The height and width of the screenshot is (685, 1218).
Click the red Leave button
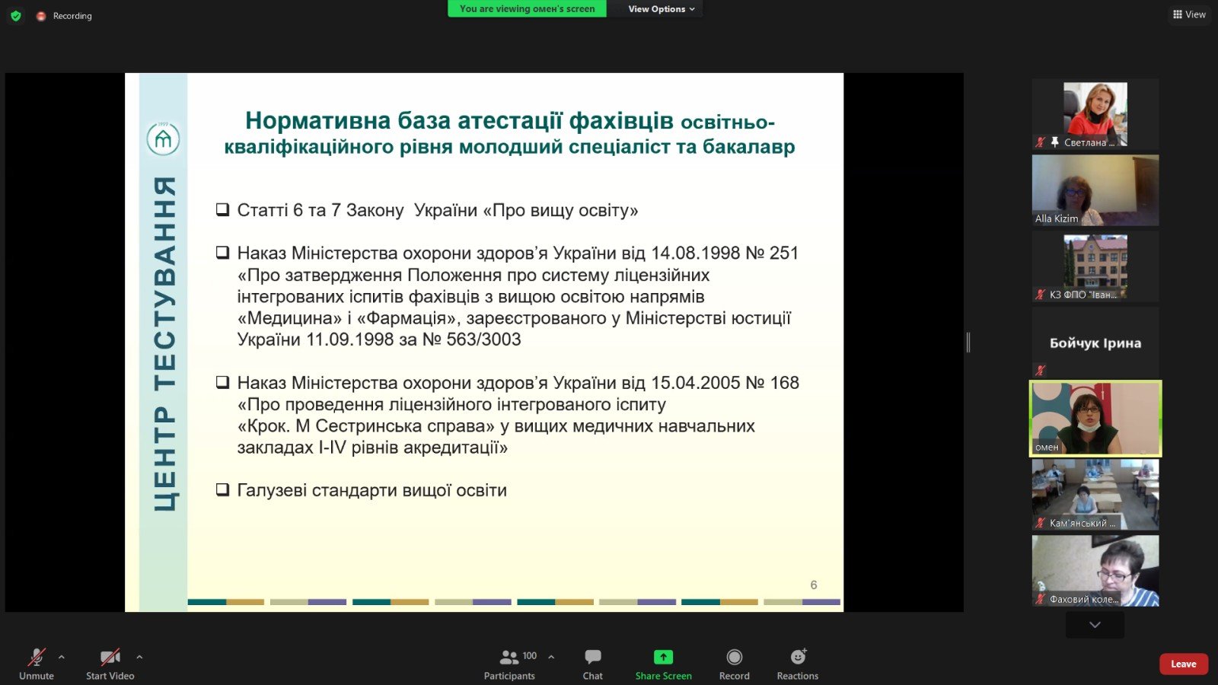pyautogui.click(x=1183, y=664)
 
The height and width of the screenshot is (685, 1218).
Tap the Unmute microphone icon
pyautogui.click(x=37, y=658)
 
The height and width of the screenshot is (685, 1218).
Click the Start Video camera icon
pyautogui.click(x=110, y=658)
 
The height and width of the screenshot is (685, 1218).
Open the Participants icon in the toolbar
pyautogui.click(x=509, y=658)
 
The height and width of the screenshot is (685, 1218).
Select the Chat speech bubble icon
pyautogui.click(x=593, y=657)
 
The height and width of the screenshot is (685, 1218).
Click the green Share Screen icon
pyautogui.click(x=663, y=658)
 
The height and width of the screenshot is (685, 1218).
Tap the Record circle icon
pyautogui.click(x=734, y=658)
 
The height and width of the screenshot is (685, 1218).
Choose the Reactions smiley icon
pyautogui.click(x=798, y=657)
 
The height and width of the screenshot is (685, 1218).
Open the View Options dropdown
pyautogui.click(x=662, y=8)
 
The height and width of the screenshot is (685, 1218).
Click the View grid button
pyautogui.click(x=1189, y=14)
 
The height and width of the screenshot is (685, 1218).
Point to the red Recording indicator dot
pyautogui.click(x=41, y=16)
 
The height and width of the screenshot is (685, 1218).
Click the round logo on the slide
pyautogui.click(x=163, y=139)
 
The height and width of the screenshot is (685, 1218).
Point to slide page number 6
pyautogui.click(x=814, y=585)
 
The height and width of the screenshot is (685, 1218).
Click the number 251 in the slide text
pyautogui.click(x=783, y=253)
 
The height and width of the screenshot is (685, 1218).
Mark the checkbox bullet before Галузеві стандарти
pyautogui.click(x=222, y=490)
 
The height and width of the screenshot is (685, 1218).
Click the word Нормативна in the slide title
pyautogui.click(x=318, y=121)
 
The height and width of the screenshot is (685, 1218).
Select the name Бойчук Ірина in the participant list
pyautogui.click(x=1095, y=343)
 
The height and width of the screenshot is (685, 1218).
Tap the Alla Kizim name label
pyautogui.click(x=1057, y=218)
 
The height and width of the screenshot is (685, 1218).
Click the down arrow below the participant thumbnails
pyautogui.click(x=1095, y=625)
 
